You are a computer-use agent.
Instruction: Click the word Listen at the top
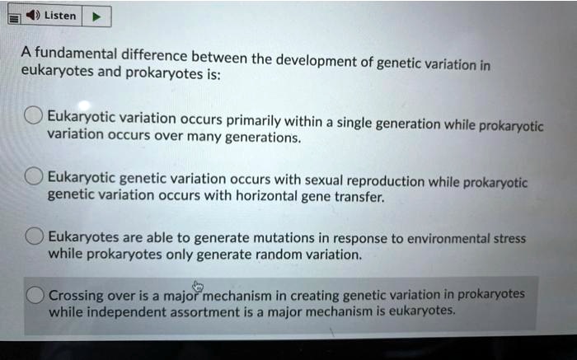point(60,16)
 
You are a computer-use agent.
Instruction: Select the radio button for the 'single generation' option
point(34,116)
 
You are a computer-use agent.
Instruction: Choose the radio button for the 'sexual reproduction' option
point(34,176)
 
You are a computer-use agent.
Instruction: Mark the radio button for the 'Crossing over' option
point(35,295)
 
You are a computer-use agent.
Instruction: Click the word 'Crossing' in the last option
point(76,295)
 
